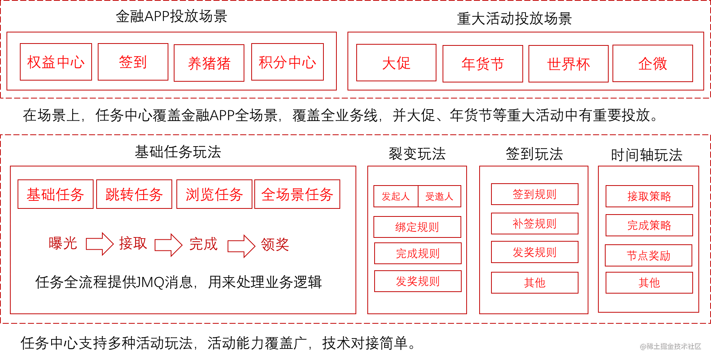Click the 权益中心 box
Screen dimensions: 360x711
(56, 62)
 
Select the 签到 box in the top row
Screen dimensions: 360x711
(133, 62)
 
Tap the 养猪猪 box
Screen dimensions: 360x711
(209, 63)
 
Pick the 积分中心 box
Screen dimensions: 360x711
(287, 62)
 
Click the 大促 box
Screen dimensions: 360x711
(396, 63)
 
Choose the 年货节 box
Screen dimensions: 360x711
(483, 64)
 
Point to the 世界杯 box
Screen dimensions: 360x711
(568, 64)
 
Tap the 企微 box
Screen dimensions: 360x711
(653, 63)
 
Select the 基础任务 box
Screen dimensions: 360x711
(55, 194)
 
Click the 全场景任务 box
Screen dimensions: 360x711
(297, 194)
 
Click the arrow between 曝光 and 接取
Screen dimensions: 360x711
(100, 244)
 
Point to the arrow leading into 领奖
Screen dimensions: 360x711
(241, 246)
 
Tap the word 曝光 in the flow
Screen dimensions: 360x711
(63, 243)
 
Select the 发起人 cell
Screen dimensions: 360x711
(396, 196)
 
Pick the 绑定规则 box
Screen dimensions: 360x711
(417, 227)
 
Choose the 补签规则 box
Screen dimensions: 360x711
(535, 223)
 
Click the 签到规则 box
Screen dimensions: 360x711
(535, 194)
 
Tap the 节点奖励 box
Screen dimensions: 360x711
(648, 255)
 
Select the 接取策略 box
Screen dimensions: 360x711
(649, 196)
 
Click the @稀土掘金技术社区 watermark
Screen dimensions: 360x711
(670, 345)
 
